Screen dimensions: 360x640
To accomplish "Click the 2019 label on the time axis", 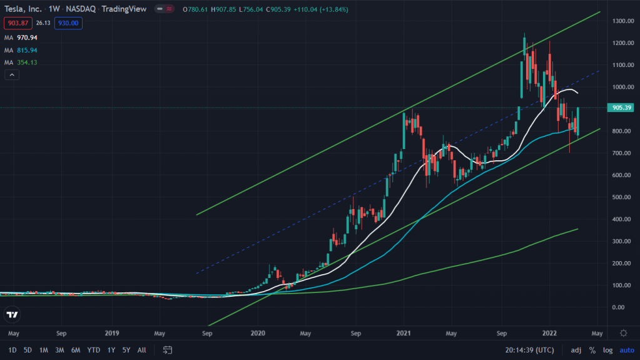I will coord(111,333).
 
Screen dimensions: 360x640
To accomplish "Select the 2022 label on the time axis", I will coord(550,333).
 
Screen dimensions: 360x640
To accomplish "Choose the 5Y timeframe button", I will coord(127,349).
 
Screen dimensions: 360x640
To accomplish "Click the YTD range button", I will coord(94,349).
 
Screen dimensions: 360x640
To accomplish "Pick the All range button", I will coord(142,349).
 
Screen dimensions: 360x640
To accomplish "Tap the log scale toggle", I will coord(607,349).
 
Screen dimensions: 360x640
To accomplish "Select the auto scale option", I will coord(626,349).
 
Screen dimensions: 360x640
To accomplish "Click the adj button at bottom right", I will coord(576,349).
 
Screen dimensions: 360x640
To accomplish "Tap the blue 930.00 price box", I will coord(69,23).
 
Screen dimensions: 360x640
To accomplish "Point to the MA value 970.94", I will coord(27,38).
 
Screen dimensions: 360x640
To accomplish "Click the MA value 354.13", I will coord(27,63).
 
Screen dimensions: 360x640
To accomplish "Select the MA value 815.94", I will coord(27,50).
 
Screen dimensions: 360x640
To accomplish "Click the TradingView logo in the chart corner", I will coord(12,314).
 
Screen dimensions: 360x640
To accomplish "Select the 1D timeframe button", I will coord(13,349).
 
